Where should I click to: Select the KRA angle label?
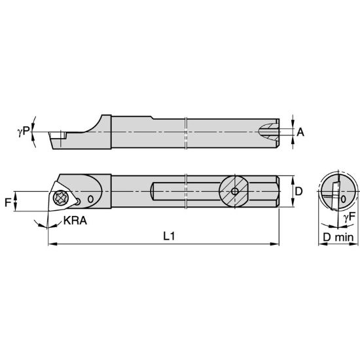click(x=73, y=222)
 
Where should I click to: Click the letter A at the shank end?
click(x=300, y=132)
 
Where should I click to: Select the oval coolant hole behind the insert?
click(x=91, y=198)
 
